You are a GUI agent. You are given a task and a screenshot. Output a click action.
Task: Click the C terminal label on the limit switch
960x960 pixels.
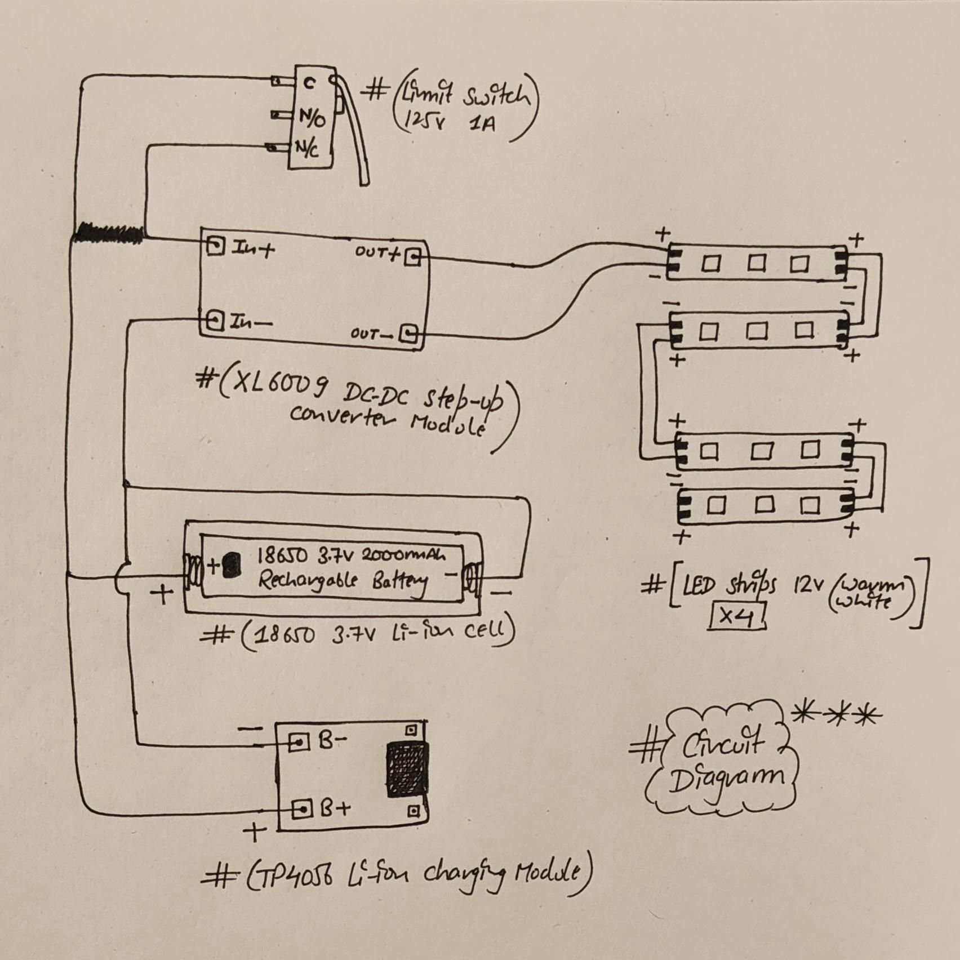click(309, 84)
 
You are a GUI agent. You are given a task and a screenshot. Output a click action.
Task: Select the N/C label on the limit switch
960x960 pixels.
click(308, 149)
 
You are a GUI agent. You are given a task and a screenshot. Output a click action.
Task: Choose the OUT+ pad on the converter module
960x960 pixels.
click(414, 257)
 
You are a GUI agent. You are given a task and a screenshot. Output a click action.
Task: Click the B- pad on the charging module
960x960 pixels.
click(299, 742)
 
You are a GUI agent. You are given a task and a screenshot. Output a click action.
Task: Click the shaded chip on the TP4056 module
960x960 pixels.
click(407, 770)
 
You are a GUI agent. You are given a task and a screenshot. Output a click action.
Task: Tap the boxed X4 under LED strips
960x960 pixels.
click(737, 616)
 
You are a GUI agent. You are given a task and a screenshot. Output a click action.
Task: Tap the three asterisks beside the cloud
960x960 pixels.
click(836, 715)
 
